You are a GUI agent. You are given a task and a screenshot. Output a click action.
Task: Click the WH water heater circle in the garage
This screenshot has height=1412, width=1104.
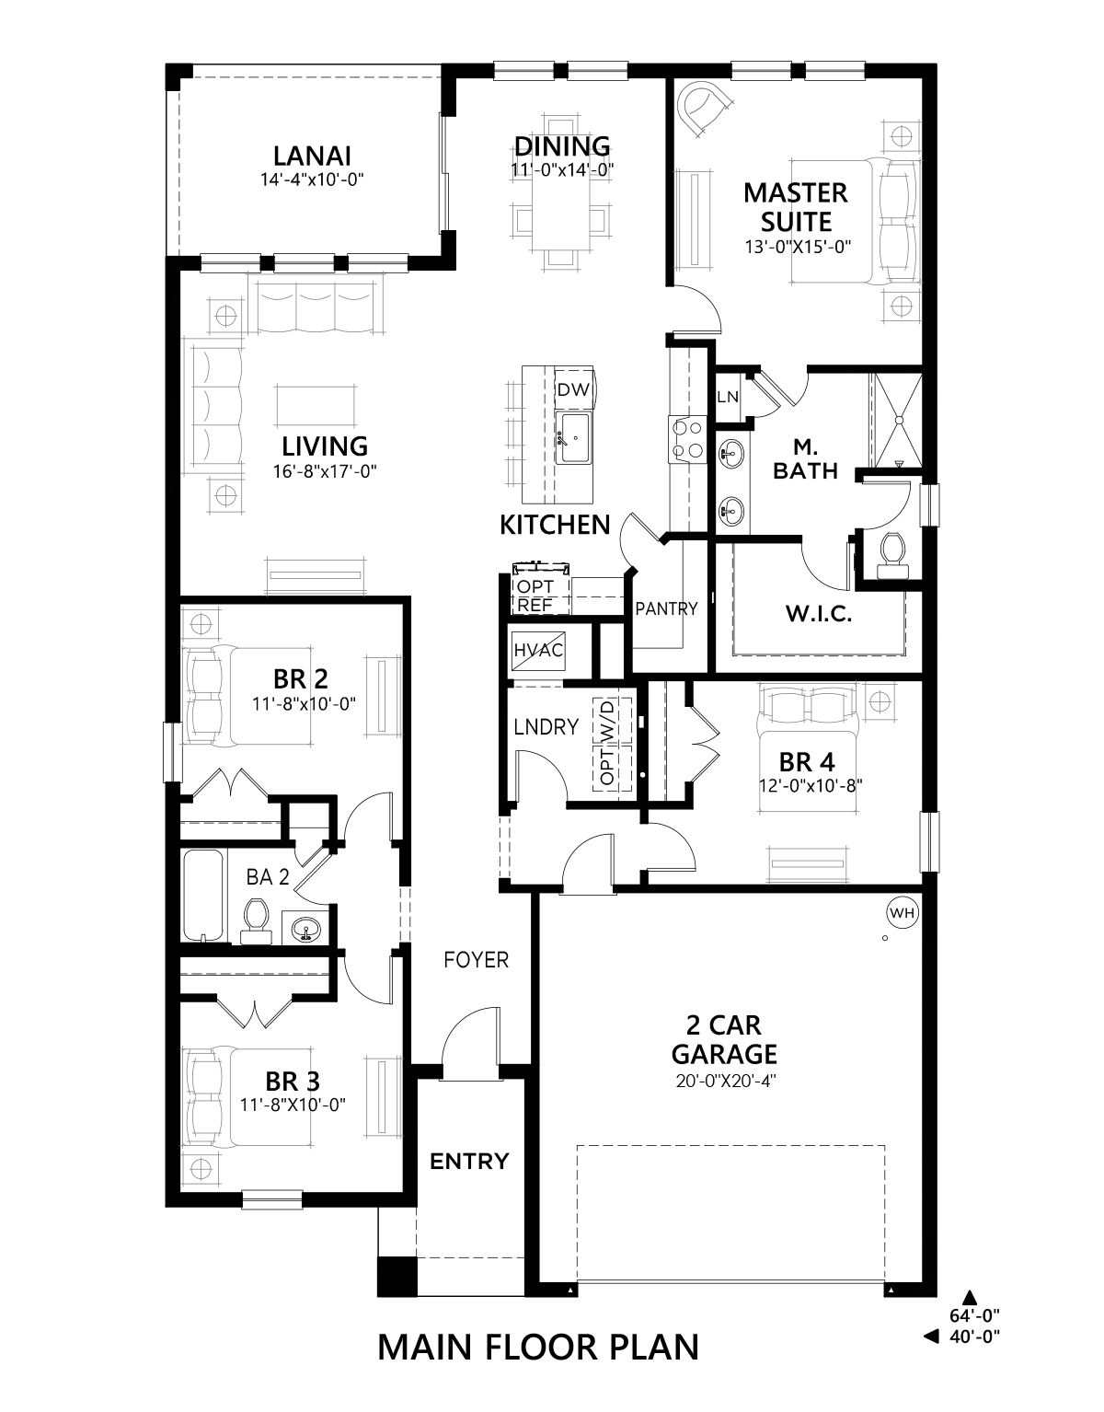point(902,912)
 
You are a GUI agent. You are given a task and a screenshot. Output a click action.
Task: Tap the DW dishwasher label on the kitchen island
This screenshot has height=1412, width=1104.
point(573,389)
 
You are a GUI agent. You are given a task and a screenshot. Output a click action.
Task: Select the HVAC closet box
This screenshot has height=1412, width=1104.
point(538,650)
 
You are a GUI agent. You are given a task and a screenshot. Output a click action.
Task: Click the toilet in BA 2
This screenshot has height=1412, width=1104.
point(255,920)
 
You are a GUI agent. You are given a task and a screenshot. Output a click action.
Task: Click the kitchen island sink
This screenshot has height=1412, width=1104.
point(575,438)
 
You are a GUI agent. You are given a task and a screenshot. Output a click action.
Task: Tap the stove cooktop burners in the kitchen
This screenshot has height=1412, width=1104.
point(688,439)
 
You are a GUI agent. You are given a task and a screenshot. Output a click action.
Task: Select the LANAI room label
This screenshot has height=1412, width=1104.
point(312,156)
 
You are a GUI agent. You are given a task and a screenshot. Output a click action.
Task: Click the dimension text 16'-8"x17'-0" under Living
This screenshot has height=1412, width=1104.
point(325,471)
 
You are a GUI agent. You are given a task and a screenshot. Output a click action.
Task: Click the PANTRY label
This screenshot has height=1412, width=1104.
point(666,608)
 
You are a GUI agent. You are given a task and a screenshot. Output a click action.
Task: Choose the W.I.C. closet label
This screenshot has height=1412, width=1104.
point(818,613)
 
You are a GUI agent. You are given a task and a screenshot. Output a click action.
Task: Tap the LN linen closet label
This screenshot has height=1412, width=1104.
point(728,397)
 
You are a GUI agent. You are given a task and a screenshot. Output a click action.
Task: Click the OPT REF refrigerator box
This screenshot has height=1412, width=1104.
point(541,596)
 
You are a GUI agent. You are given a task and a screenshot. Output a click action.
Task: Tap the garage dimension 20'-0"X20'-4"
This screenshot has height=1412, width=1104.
point(724,1082)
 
